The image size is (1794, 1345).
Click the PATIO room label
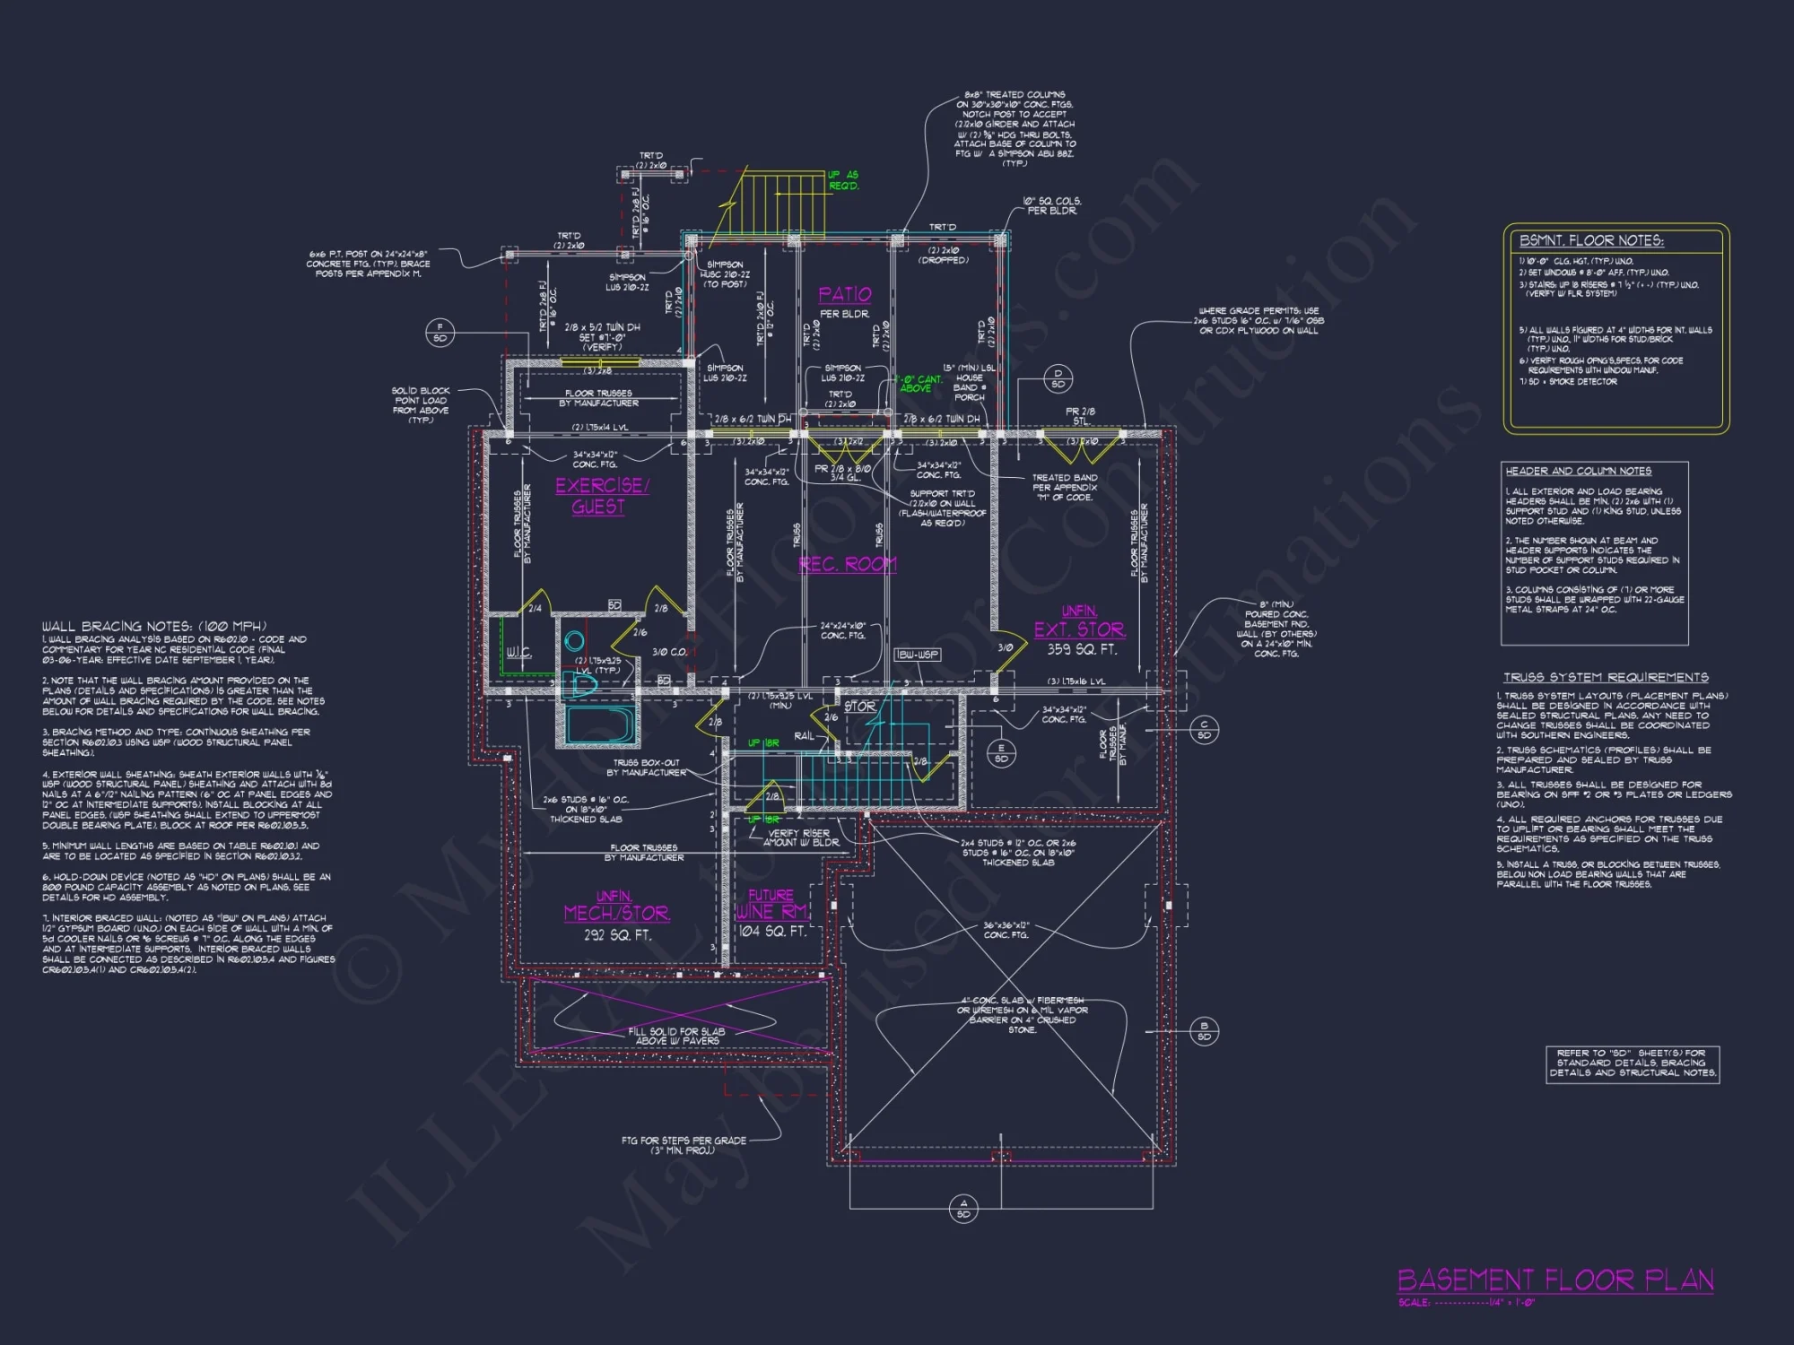[844, 295]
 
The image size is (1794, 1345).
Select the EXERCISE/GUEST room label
[601, 496]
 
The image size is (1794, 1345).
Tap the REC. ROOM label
[847, 564]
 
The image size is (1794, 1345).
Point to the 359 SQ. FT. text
[1081, 649]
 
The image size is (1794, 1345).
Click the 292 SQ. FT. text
[617, 935]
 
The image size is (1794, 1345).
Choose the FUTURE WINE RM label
[771, 904]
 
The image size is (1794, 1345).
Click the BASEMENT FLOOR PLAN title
[1555, 1280]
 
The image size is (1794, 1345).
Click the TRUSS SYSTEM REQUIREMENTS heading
[1606, 677]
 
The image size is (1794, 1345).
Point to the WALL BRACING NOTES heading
[153, 626]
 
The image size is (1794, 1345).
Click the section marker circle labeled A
[963, 1209]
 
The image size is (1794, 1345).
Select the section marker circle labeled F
[440, 333]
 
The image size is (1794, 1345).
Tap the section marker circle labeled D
[1058, 378]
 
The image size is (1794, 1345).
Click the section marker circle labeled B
[1204, 1031]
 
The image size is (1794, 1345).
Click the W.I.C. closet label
[518, 652]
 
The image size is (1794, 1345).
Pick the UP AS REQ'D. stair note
[843, 180]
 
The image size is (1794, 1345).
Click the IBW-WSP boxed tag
[917, 655]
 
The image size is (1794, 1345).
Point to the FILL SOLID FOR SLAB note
[677, 1036]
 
